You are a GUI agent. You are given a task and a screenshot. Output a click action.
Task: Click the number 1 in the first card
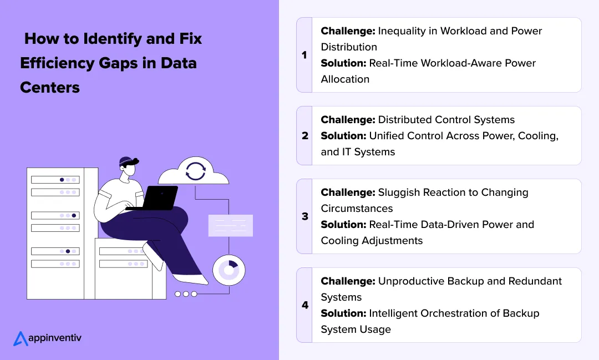(304, 55)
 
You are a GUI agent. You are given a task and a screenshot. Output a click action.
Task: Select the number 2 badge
(304, 135)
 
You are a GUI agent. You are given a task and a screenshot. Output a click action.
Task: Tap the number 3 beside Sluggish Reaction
(304, 216)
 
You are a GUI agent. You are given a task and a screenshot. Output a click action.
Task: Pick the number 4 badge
(304, 305)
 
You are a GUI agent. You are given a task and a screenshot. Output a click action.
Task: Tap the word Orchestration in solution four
(461, 313)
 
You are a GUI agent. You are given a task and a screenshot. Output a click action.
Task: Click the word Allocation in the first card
(345, 79)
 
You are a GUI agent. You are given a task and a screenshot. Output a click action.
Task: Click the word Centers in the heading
(50, 87)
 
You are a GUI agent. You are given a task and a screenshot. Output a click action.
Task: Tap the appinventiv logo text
(54, 337)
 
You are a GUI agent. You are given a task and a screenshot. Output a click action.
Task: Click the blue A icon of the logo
(20, 338)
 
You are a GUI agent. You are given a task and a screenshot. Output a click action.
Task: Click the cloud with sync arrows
(194, 171)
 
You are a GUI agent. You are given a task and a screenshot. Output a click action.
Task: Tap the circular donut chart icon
(229, 270)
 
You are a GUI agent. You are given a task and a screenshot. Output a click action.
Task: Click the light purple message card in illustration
(230, 225)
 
